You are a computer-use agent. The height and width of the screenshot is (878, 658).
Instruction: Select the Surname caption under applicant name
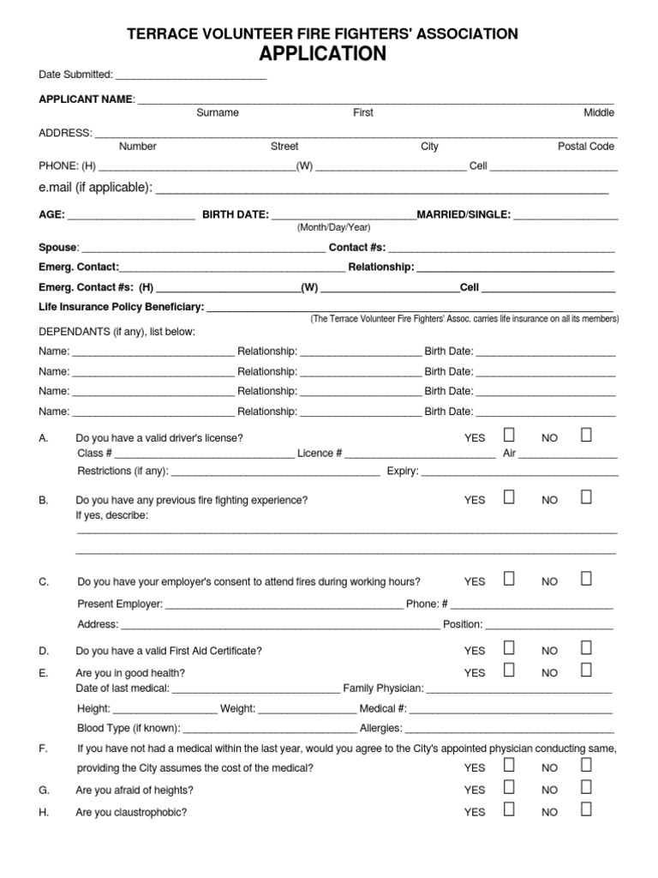point(218,112)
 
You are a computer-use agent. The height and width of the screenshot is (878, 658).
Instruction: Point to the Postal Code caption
point(586,147)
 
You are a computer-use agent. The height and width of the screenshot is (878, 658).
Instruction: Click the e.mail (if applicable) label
point(95,188)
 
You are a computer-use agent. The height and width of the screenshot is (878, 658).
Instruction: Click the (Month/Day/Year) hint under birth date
point(333,227)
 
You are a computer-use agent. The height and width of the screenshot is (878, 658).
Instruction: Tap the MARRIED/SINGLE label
point(463,214)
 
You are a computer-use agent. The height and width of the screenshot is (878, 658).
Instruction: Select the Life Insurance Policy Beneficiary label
point(121,307)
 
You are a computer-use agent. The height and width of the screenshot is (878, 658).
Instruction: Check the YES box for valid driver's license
point(509,436)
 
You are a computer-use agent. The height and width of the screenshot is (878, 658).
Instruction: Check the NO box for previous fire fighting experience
point(586,497)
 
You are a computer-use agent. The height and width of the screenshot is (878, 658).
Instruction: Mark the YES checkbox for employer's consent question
point(509,579)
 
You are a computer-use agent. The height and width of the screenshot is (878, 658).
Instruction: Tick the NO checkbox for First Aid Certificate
point(586,648)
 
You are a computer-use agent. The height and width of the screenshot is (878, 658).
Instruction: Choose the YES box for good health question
point(509,671)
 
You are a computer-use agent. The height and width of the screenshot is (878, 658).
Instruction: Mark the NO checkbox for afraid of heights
point(586,787)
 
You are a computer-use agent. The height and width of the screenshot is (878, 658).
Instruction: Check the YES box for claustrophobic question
point(509,809)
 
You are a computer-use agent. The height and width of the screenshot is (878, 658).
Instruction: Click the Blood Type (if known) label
point(129,729)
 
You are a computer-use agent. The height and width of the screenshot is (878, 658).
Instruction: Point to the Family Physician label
point(383,688)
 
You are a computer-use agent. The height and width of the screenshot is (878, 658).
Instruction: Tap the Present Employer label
point(120,604)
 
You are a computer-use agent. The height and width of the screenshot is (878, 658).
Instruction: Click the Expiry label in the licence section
point(402,471)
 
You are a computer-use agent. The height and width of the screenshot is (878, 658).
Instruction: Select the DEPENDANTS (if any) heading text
point(117,332)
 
